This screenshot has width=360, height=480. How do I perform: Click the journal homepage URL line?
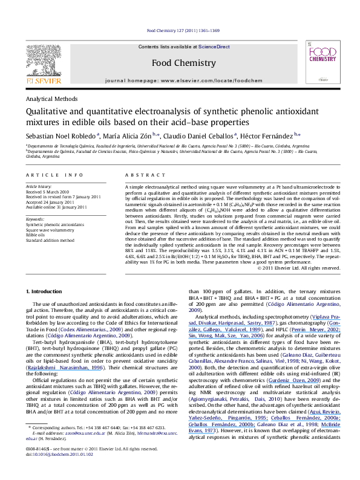[x=180, y=80]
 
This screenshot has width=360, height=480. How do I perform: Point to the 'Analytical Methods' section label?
[x=46, y=98]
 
